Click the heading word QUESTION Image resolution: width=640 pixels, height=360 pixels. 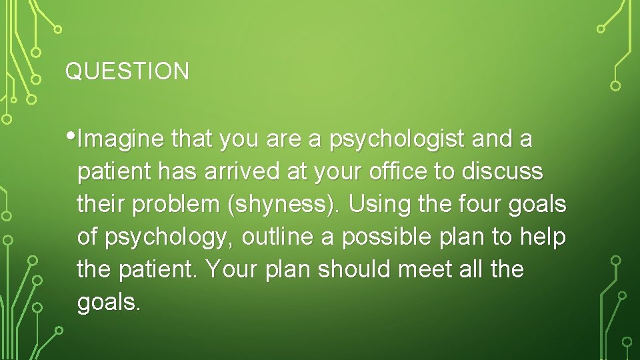127,71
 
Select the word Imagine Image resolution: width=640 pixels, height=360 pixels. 122,140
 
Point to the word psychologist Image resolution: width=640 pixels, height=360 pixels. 397,140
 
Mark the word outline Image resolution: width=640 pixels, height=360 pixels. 277,237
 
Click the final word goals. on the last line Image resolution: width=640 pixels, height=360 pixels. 109,303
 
